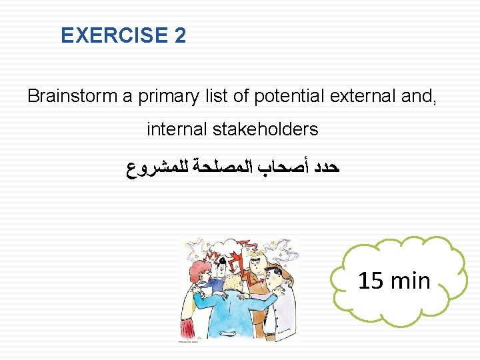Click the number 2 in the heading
(x=181, y=35)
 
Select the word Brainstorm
(x=73, y=96)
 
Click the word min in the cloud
(x=412, y=281)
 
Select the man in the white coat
(x=284, y=307)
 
